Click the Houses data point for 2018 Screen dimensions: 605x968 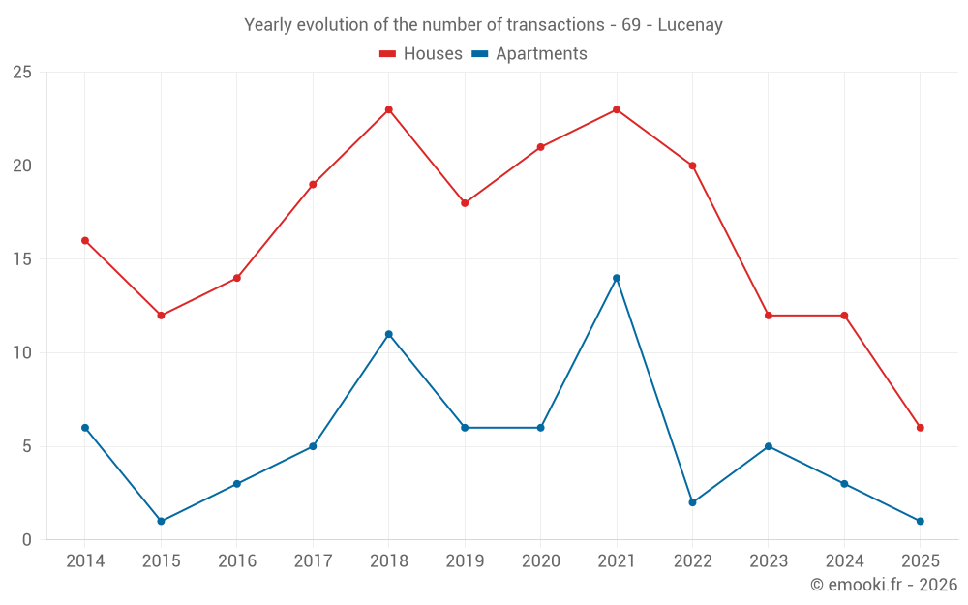point(389,109)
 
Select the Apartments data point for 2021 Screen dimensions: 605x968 point(617,278)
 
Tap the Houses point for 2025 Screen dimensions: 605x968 point(920,428)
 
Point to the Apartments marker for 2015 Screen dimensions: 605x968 point(161,522)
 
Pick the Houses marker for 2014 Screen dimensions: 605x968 point(85,240)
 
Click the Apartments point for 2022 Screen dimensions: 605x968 point(692,502)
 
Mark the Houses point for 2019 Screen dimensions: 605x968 point(465,203)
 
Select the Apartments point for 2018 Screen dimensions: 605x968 point(389,334)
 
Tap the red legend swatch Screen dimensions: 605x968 point(388,54)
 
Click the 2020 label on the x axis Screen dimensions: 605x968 point(540,561)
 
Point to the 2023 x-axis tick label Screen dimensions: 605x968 point(768,561)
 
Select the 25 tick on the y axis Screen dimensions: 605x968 point(21,73)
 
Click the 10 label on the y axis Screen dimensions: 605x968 point(21,353)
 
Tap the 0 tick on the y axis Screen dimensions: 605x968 point(27,540)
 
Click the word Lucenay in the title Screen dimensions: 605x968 point(690,25)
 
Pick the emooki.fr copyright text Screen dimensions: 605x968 point(883,585)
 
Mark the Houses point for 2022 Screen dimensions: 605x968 point(692,166)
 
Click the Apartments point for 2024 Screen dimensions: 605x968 point(844,484)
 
